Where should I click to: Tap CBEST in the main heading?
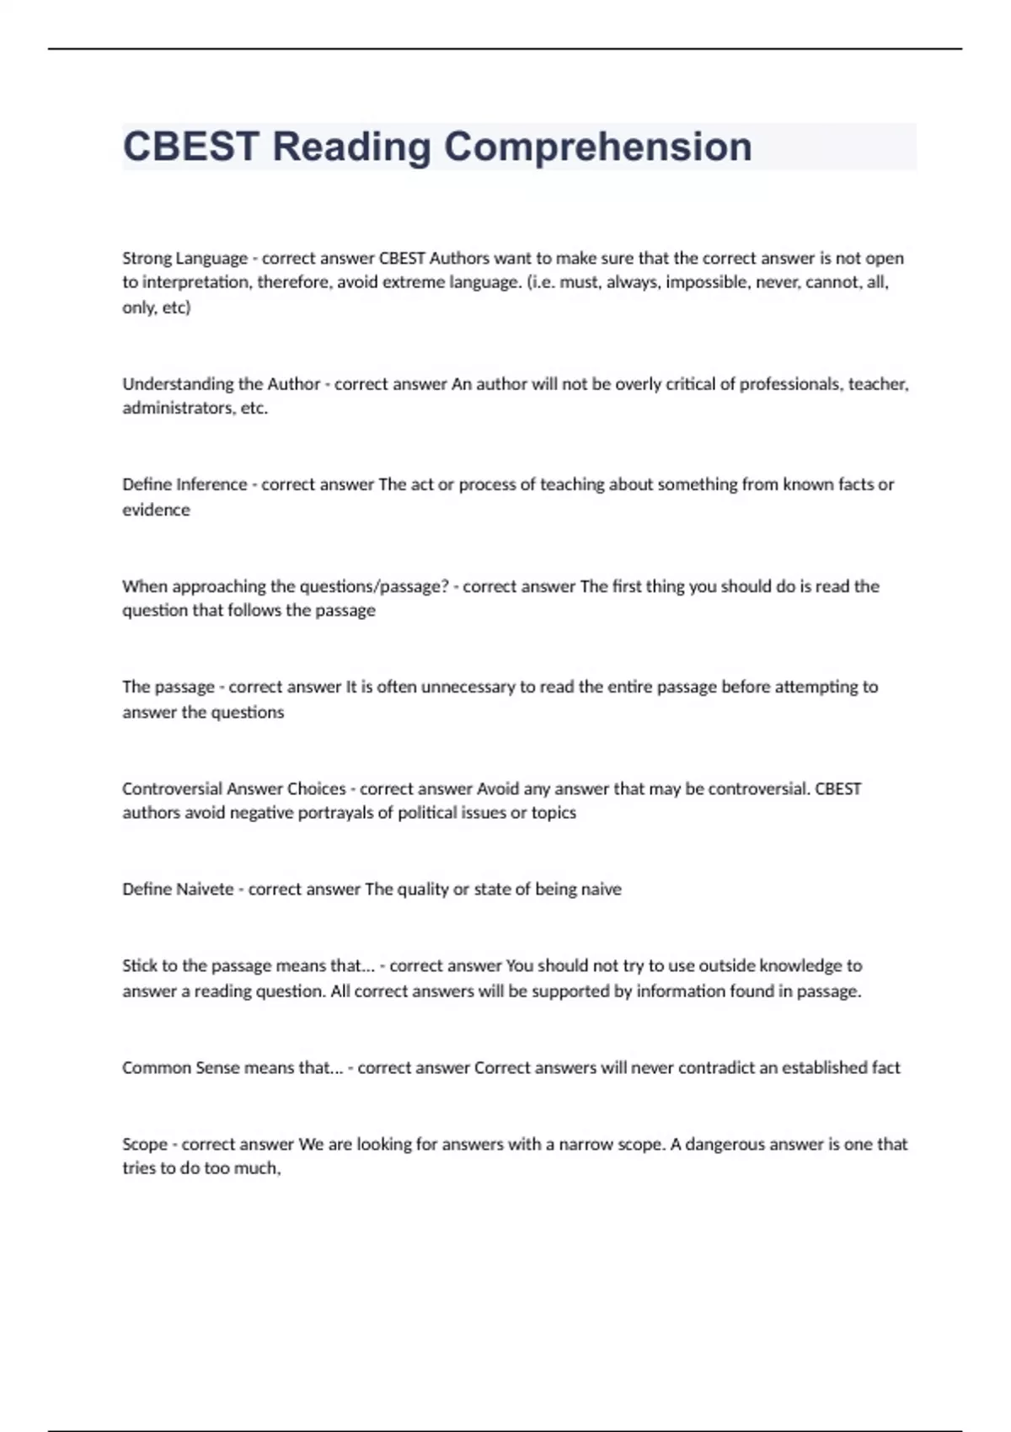click(x=190, y=147)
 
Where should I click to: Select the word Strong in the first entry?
click(x=147, y=258)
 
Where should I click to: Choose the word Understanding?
click(x=178, y=384)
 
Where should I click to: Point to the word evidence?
click(x=156, y=510)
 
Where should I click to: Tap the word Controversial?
click(x=173, y=789)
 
